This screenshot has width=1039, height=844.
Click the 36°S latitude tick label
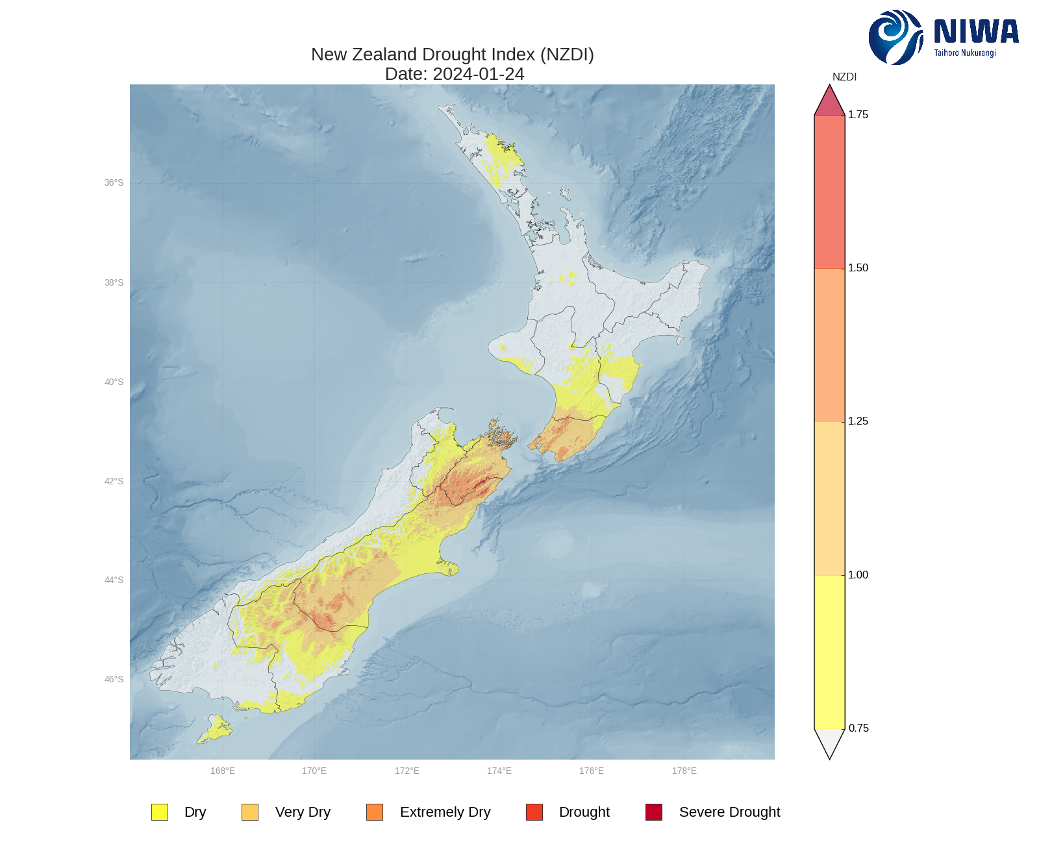point(114,183)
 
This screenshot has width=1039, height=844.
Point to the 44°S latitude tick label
point(114,580)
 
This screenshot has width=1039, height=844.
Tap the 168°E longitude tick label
point(223,771)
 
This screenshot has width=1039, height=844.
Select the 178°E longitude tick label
point(684,771)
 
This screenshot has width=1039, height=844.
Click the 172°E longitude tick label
point(407,771)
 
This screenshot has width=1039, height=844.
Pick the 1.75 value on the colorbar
point(858,115)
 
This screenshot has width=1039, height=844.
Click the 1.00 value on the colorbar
point(858,575)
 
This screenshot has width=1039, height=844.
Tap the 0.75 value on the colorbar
point(858,728)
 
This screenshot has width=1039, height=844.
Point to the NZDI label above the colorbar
point(844,77)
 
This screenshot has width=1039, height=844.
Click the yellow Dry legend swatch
point(160,812)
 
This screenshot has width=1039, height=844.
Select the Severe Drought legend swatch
point(654,812)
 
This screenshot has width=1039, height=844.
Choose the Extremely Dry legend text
point(445,812)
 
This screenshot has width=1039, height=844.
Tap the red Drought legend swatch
point(534,812)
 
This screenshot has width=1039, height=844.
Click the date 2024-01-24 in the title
point(479,74)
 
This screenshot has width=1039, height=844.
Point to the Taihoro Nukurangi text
point(965,53)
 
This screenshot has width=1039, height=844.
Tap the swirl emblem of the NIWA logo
point(895,37)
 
